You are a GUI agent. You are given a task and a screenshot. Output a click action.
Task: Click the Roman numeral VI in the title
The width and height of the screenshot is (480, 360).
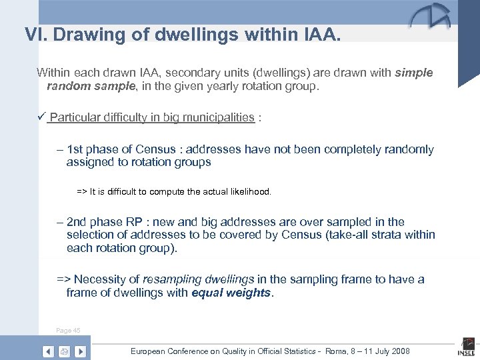click(x=34, y=34)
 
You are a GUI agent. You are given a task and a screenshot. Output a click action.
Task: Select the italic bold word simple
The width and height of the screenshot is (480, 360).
click(x=413, y=72)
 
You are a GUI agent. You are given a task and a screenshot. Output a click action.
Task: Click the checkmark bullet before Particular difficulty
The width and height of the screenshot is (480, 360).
click(x=41, y=117)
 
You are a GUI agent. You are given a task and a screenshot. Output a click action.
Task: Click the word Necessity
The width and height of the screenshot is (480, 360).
click(x=104, y=279)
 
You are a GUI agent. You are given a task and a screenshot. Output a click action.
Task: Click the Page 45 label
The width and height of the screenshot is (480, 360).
click(x=69, y=331)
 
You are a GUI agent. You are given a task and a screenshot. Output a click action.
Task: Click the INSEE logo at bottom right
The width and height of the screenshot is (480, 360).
click(x=465, y=348)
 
